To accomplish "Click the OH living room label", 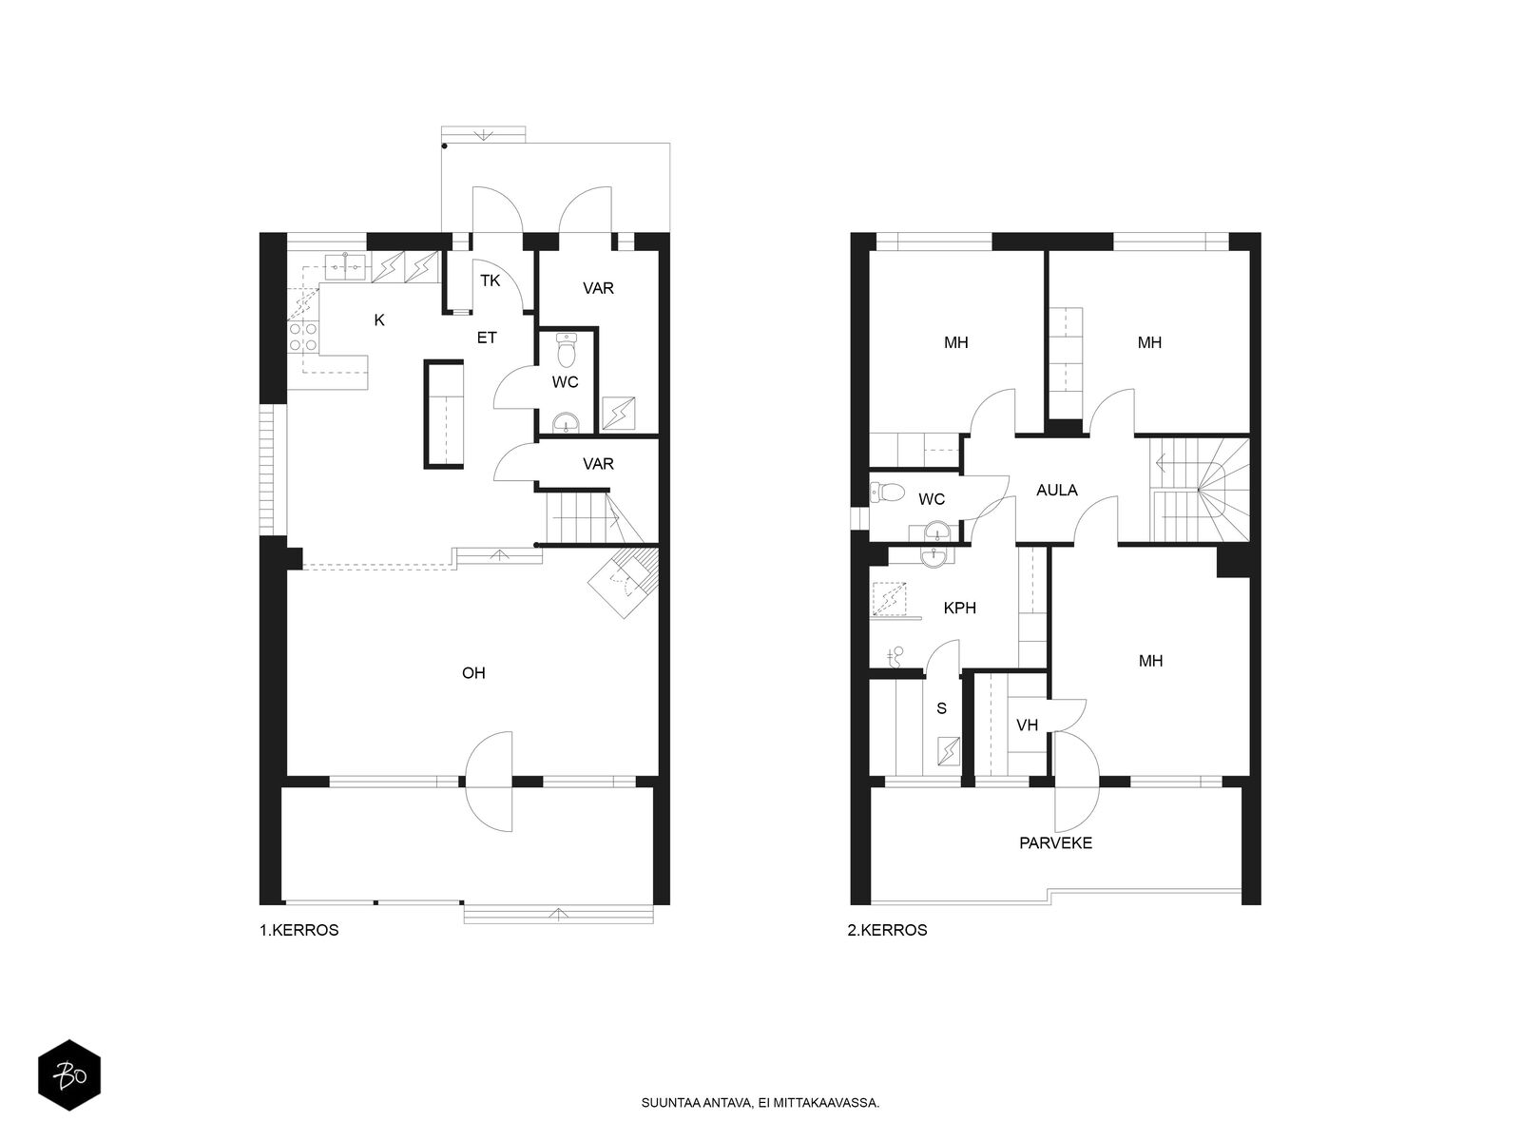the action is click(473, 672).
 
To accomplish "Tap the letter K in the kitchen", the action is click(379, 319).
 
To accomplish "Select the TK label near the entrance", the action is click(490, 280).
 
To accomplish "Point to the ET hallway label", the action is click(487, 338).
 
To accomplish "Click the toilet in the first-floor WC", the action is click(567, 351).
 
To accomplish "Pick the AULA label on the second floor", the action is click(1057, 490).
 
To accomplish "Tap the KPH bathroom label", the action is click(960, 608).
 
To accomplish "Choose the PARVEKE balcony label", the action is click(1055, 843).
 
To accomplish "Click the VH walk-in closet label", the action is click(1027, 725).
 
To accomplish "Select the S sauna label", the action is click(941, 708).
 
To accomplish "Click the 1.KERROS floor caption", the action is click(299, 930).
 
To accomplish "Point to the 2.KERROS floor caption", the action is click(887, 930).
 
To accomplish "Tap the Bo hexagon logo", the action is click(69, 1074).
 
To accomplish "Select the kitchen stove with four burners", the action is click(303, 337).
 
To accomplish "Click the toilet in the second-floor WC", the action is click(887, 493).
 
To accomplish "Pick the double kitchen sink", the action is click(346, 264).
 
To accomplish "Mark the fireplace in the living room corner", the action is click(623, 581).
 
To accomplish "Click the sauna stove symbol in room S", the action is click(948, 751).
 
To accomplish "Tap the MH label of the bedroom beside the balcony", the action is click(1150, 661).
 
